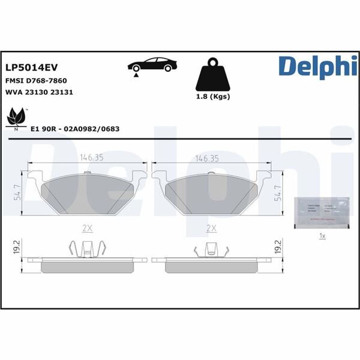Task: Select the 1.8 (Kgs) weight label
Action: pyautogui.click(x=213, y=97)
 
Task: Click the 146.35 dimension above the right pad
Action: pyautogui.click(x=208, y=158)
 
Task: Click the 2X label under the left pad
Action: pyautogui.click(x=87, y=228)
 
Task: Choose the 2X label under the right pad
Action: pyautogui.click(x=211, y=228)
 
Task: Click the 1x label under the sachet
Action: pyautogui.click(x=322, y=236)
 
